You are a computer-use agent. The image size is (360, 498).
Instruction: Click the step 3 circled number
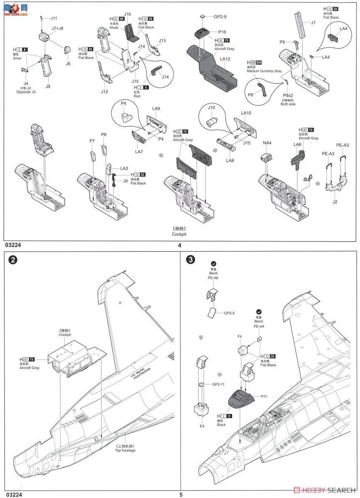click(x=190, y=260)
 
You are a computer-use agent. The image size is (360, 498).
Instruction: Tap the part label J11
click(x=54, y=18)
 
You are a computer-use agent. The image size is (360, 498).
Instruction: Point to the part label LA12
click(x=225, y=59)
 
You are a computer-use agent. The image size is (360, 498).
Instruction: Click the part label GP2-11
click(x=218, y=385)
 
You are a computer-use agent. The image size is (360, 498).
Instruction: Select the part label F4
click(x=240, y=336)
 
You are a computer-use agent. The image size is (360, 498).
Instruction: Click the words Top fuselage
click(x=125, y=450)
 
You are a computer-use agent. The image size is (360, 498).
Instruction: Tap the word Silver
click(x=17, y=59)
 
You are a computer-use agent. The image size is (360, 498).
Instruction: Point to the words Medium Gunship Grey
click(x=264, y=71)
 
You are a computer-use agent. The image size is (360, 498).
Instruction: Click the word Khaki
click(x=114, y=27)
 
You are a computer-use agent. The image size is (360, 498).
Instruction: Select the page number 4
click(x=180, y=245)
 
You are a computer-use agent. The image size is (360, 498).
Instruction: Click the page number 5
click(x=180, y=494)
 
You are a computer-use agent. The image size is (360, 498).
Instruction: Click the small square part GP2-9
click(x=202, y=17)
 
